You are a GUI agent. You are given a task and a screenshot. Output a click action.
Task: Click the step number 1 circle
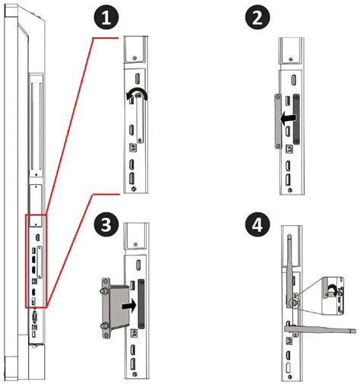[106, 18]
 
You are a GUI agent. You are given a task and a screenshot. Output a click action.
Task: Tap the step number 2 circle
[257, 18]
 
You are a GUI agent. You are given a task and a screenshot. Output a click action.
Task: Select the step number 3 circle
[106, 225]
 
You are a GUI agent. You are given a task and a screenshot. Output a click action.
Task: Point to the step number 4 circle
[257, 225]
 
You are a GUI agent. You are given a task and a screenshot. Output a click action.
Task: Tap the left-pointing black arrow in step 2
[288, 118]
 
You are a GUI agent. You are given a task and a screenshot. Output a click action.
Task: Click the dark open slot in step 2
[296, 119]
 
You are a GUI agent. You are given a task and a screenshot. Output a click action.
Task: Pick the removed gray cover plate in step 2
[278, 121]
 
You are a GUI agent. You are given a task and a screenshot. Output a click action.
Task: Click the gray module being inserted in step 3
[116, 307]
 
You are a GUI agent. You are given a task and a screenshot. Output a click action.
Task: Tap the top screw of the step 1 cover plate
[137, 95]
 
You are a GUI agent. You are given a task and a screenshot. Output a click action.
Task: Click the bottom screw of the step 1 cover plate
[140, 139]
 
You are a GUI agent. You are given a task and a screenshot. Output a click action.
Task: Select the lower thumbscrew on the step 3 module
[104, 325]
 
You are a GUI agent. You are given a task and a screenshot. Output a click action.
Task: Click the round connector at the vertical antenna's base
[292, 303]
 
